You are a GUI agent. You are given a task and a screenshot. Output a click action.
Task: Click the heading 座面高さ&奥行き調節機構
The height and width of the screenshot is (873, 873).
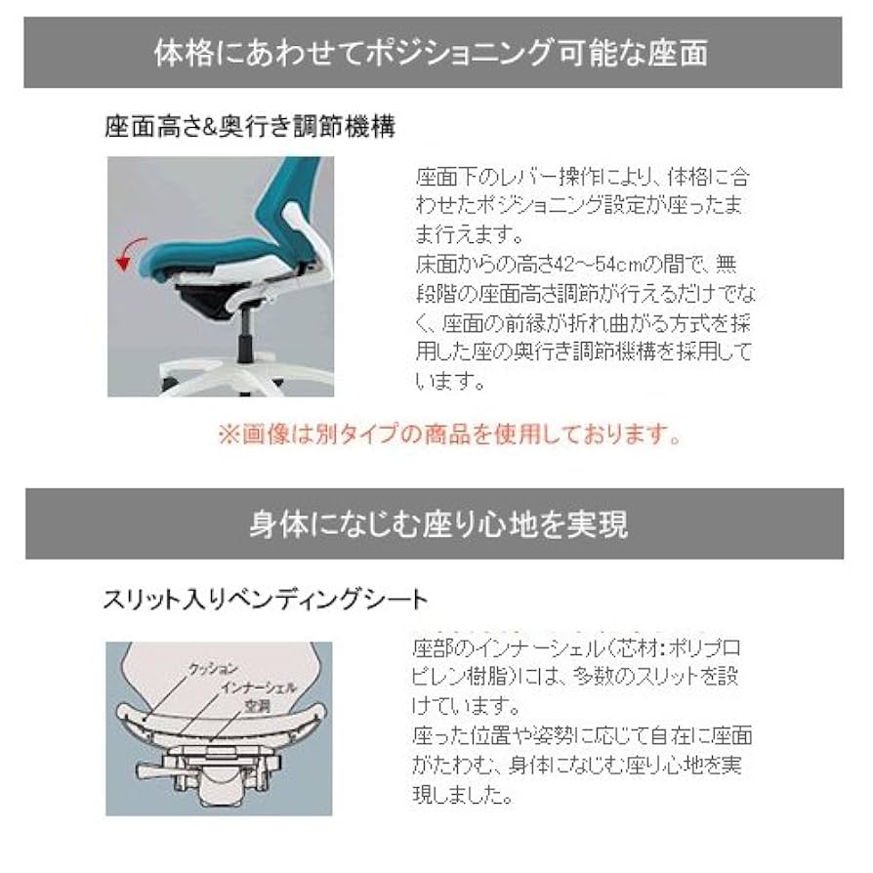point(249,126)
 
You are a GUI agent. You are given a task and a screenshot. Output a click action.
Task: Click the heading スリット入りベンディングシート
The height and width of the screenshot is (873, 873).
point(265,598)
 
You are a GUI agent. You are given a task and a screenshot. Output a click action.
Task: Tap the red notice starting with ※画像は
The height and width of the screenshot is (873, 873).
point(448,433)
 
